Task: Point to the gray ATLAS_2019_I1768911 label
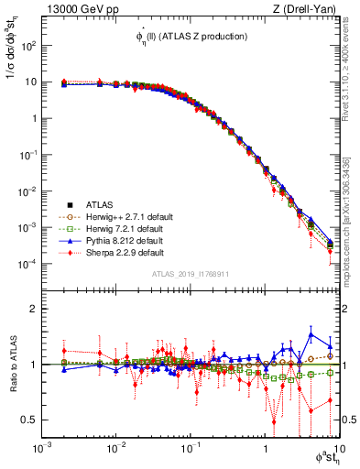(x=189, y=274)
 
